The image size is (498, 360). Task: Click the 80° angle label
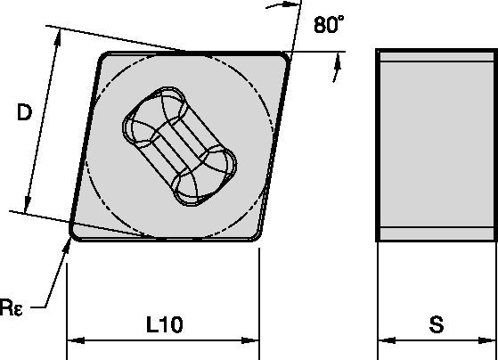click(x=328, y=26)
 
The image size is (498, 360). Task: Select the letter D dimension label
click(x=27, y=113)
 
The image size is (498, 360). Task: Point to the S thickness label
click(x=436, y=325)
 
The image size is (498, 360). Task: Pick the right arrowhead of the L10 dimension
click(x=251, y=340)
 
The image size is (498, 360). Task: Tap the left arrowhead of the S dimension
click(x=384, y=340)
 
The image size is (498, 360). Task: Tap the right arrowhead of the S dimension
click(x=487, y=340)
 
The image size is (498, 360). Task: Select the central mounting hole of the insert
click(x=179, y=146)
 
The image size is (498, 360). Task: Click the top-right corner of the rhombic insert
click(x=284, y=57)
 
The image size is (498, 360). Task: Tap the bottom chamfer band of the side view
click(x=436, y=234)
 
